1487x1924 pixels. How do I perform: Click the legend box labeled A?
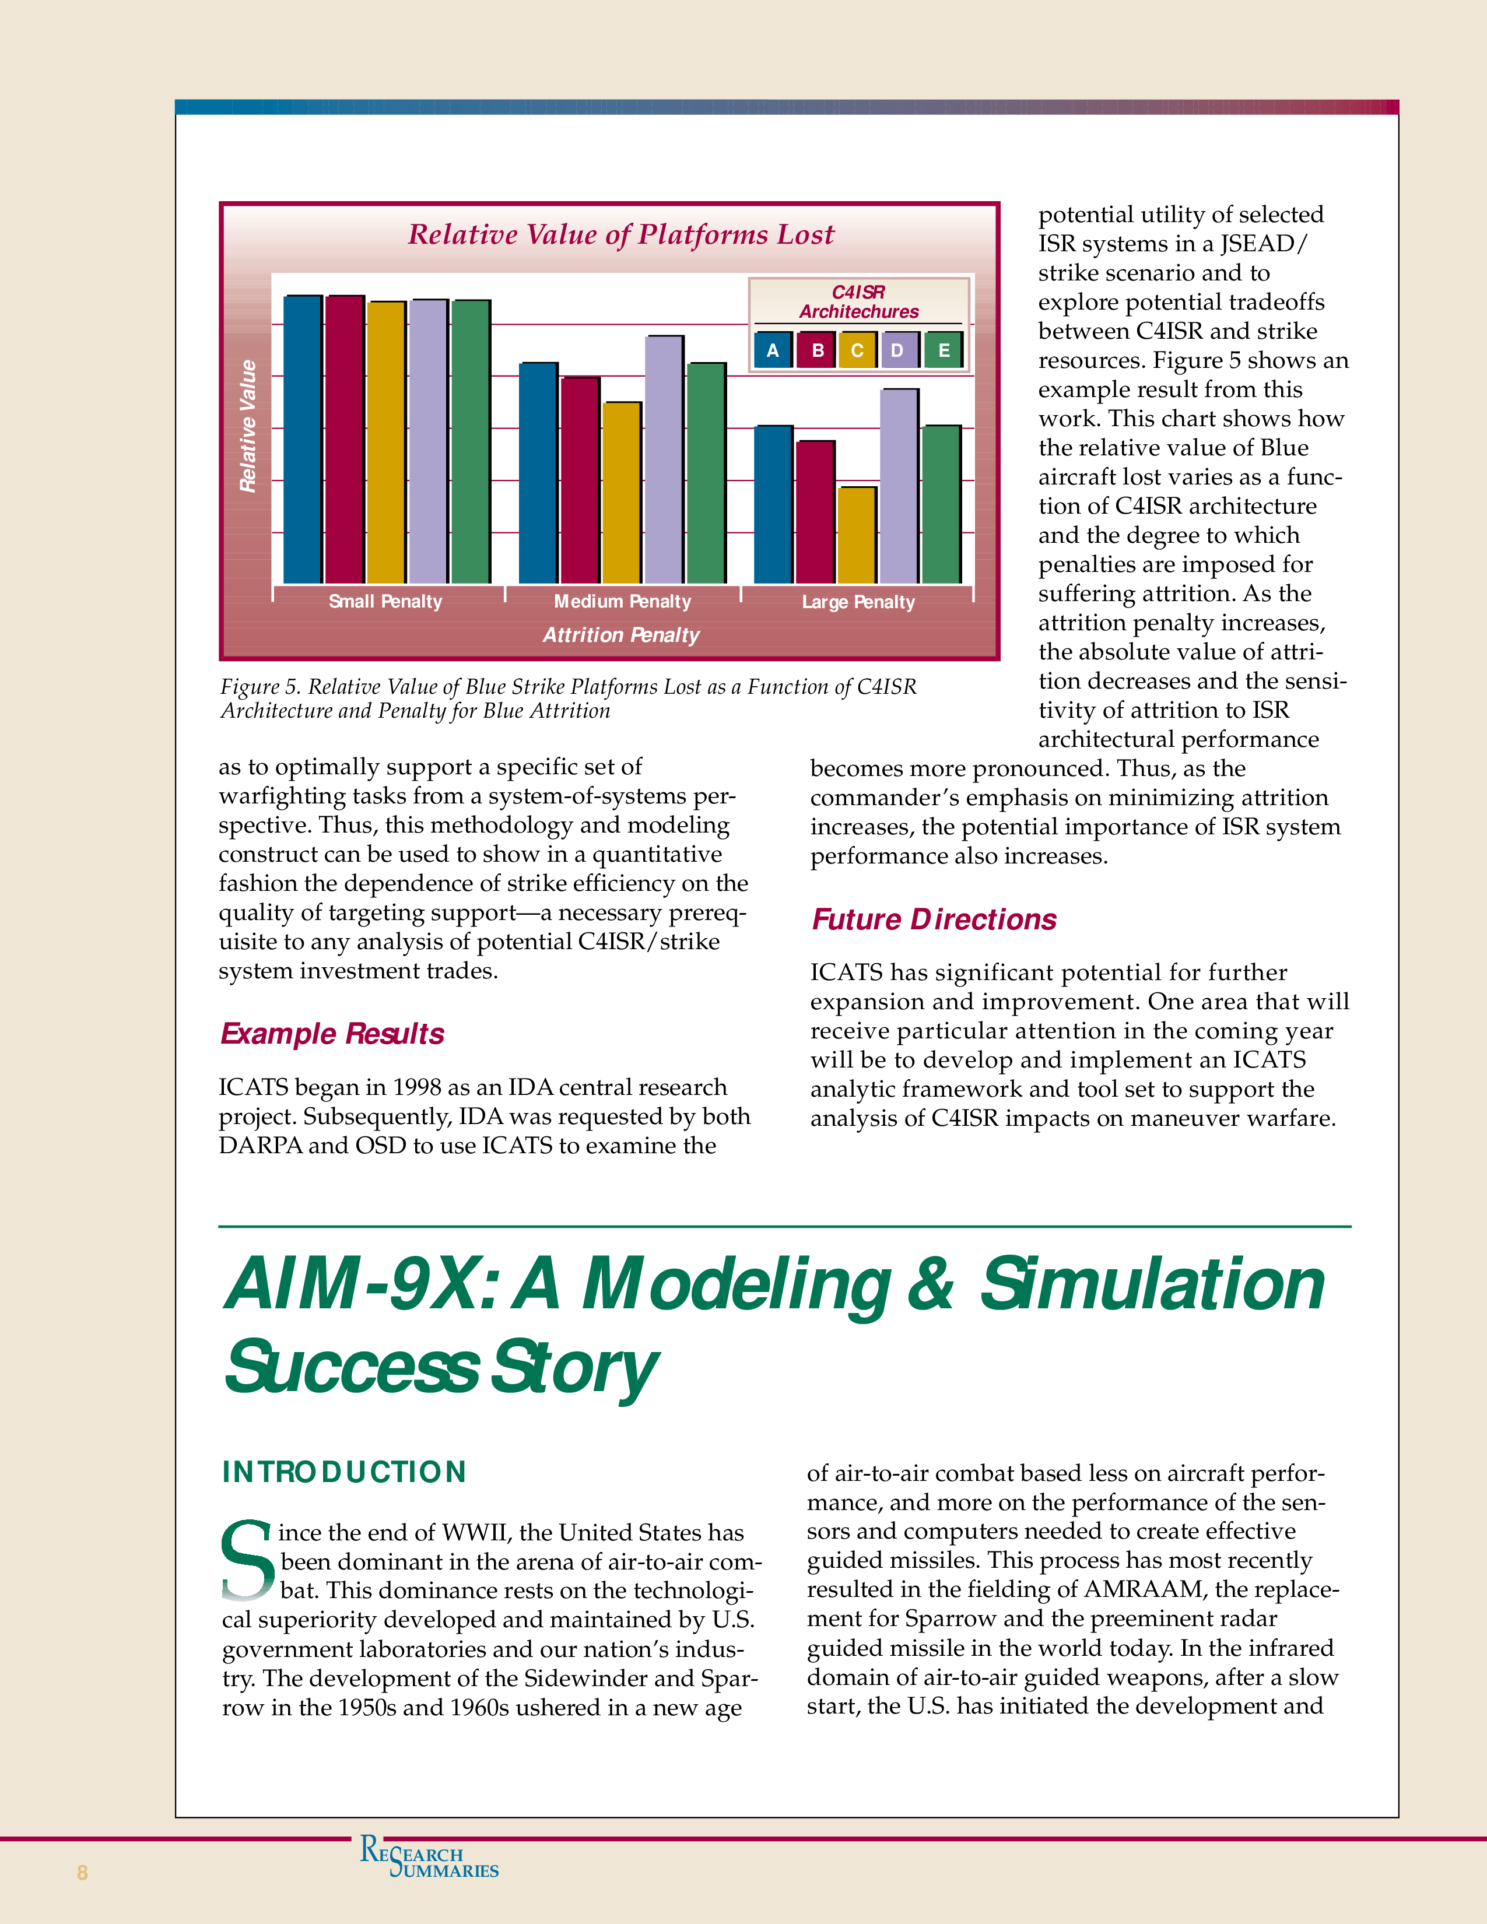click(x=773, y=350)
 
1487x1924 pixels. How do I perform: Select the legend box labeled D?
click(x=897, y=350)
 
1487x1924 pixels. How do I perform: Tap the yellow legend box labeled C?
click(x=856, y=350)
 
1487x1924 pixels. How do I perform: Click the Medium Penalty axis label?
click(x=622, y=602)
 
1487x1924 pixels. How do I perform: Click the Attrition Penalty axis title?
click(x=621, y=635)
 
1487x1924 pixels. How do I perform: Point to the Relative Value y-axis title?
click(x=248, y=426)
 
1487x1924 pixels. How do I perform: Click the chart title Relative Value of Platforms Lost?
click(x=620, y=235)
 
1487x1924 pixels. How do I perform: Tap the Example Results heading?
click(x=332, y=1033)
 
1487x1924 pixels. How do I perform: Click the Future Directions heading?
click(x=934, y=919)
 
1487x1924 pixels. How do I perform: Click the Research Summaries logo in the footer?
click(x=429, y=1857)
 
